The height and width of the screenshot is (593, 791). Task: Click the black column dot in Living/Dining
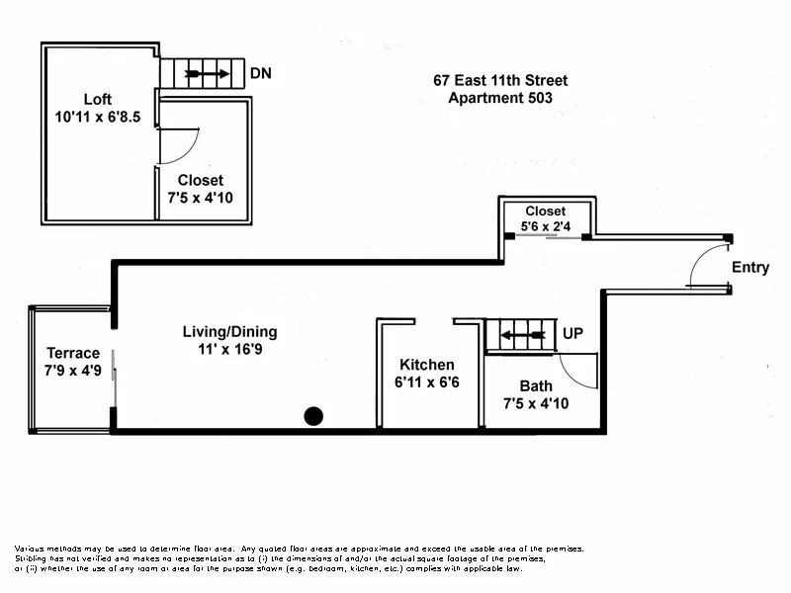point(313,416)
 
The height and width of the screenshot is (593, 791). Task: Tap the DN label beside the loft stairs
point(261,74)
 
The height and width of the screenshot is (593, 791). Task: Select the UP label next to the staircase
point(572,334)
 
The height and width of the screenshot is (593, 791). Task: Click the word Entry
point(749,268)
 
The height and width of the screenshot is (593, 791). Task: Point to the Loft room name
point(97,100)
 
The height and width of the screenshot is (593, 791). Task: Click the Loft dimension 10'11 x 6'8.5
point(98,117)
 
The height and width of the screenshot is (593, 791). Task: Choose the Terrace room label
point(73,353)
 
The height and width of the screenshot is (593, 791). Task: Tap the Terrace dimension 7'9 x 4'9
point(73,371)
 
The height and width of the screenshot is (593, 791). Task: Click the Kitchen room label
point(426,365)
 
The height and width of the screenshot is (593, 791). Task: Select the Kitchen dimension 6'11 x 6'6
point(426,382)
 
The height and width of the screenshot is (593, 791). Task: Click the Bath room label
point(535,385)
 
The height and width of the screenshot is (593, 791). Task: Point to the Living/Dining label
point(229,331)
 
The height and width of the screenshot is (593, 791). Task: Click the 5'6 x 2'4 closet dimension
point(546,226)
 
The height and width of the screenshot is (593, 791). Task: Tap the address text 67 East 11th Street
point(500,81)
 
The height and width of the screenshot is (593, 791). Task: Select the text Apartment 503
point(500,98)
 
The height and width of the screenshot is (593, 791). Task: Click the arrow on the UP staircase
point(523,335)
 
